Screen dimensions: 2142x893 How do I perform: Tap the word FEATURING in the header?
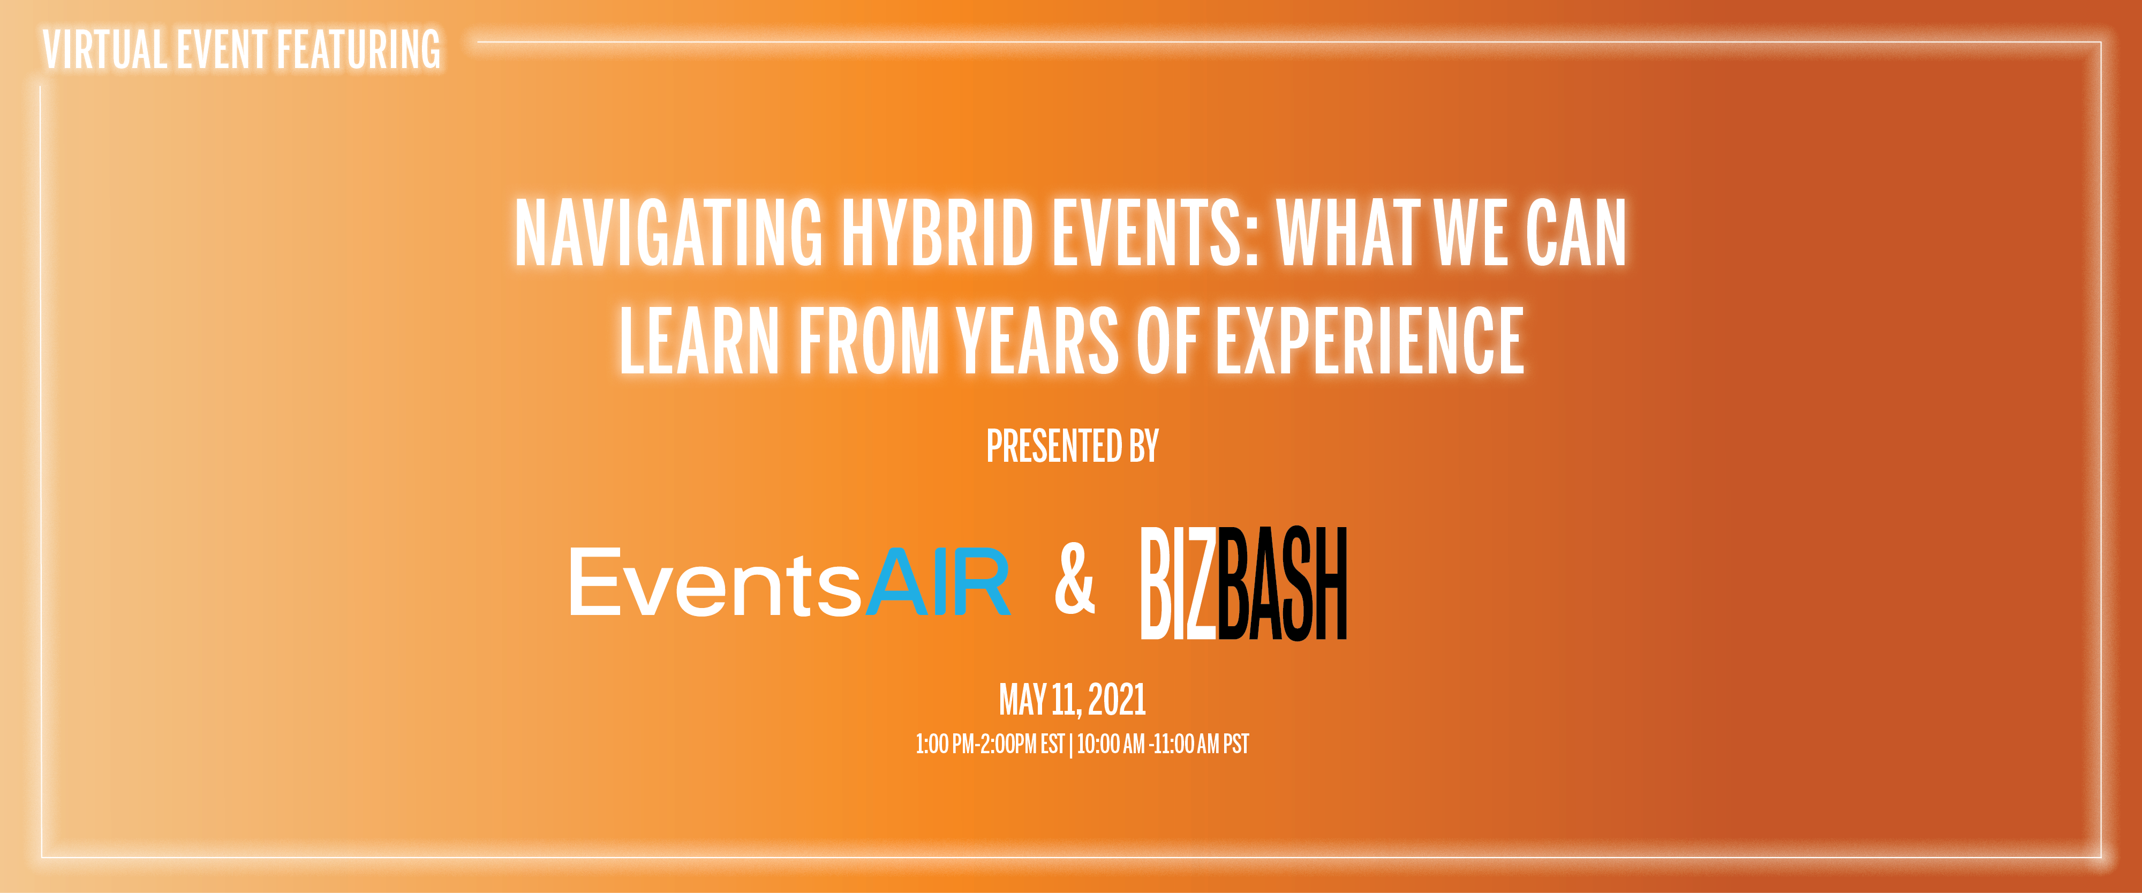pyautogui.click(x=358, y=50)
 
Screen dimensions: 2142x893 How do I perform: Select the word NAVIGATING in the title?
pyautogui.click(x=668, y=233)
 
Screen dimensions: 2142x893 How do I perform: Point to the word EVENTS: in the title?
pyautogui.click(x=1157, y=233)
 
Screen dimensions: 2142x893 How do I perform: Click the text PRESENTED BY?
pyautogui.click(x=1073, y=447)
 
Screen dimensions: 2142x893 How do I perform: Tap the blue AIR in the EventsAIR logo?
pyautogui.click(x=939, y=582)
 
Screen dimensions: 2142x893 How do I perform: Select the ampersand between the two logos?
pyautogui.click(x=1074, y=579)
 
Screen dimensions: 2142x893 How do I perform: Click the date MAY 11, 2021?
pyautogui.click(x=1073, y=700)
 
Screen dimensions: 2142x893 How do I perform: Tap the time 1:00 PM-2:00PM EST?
pyautogui.click(x=990, y=744)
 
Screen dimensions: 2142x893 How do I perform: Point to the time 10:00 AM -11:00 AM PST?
pyautogui.click(x=1163, y=744)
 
